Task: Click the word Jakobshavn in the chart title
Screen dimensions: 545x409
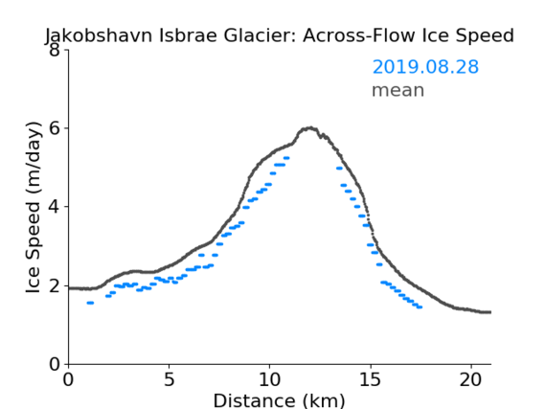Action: (x=99, y=36)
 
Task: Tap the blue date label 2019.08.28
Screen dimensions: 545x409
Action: (x=425, y=67)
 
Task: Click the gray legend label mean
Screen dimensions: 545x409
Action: (x=398, y=90)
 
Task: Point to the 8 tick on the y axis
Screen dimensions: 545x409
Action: (x=55, y=50)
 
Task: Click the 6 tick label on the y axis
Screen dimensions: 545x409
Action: (x=55, y=128)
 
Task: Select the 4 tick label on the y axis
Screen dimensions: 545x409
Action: (x=55, y=207)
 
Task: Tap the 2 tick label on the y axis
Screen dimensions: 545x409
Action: (x=55, y=285)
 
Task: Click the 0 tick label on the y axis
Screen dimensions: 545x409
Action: (x=55, y=364)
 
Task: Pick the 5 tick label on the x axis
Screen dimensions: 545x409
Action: (x=169, y=379)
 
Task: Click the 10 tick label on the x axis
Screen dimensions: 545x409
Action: (x=270, y=379)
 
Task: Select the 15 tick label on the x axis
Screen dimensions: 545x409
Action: (x=370, y=379)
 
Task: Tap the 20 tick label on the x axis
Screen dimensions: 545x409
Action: (x=470, y=379)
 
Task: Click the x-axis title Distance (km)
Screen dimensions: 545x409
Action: (x=279, y=400)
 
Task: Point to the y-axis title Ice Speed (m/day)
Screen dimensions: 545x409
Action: (x=34, y=208)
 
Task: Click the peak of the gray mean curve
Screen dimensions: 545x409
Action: (x=310, y=128)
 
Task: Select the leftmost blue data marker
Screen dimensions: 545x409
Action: (x=90, y=303)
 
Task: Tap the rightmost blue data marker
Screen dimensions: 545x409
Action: (x=420, y=307)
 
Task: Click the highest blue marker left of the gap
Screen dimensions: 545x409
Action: (x=286, y=158)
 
